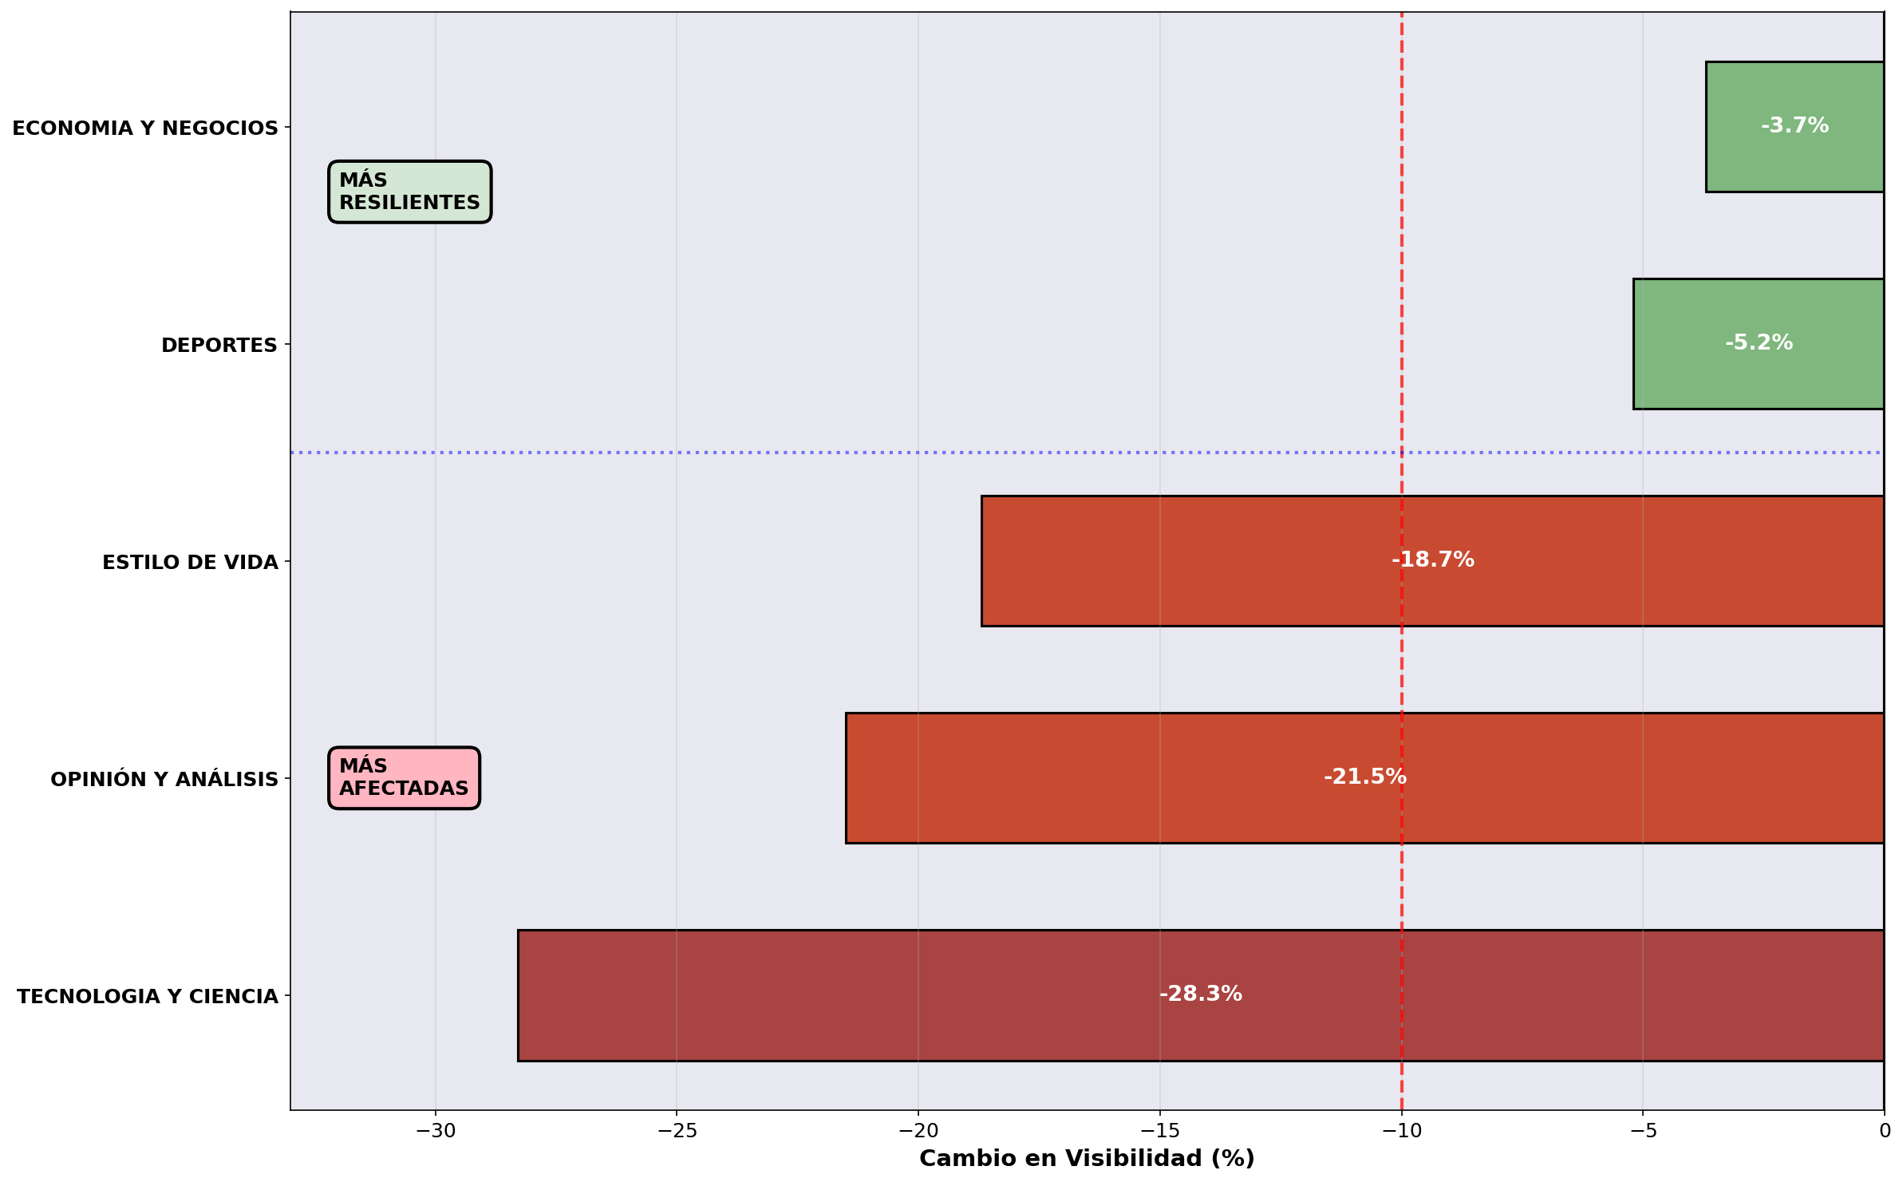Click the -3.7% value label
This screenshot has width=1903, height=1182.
point(1794,126)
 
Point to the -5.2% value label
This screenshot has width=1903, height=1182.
point(1759,343)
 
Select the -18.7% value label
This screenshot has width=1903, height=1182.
point(1432,560)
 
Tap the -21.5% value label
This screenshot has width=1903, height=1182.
point(1364,777)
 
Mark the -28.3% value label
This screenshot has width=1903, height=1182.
point(1200,994)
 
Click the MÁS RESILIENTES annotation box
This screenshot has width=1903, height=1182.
point(409,192)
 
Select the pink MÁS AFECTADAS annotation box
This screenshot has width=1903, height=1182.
point(404,777)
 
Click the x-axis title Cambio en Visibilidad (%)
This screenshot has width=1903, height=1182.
point(1087,1159)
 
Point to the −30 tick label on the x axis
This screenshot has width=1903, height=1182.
point(435,1131)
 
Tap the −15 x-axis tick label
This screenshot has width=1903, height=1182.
point(1159,1131)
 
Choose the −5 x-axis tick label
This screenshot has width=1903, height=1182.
point(1643,1131)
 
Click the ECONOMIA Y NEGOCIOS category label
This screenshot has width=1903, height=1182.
point(145,128)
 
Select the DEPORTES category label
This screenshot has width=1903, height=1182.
point(219,346)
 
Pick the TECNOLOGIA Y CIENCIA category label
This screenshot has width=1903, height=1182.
point(148,997)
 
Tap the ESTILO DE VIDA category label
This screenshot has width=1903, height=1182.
point(190,563)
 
